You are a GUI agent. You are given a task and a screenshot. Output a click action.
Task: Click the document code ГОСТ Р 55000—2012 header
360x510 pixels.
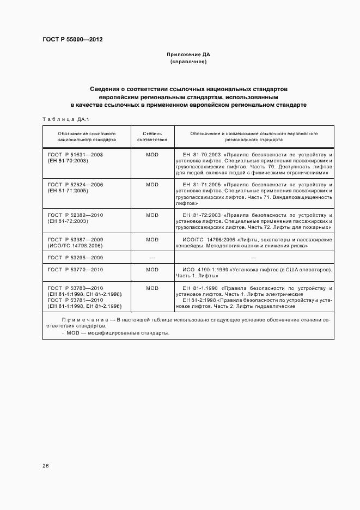click(72, 40)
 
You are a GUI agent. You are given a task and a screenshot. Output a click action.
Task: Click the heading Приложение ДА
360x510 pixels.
click(188, 55)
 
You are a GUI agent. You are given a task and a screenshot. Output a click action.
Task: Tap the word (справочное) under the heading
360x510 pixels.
click(188, 62)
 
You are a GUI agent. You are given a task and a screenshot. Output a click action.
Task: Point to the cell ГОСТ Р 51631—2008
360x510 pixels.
click(75, 155)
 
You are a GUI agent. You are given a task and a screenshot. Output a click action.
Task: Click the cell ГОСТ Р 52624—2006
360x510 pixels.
click(75, 185)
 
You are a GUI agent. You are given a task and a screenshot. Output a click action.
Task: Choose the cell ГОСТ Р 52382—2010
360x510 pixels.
click(75, 215)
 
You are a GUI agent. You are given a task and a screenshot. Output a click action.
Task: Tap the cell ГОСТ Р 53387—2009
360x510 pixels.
click(75, 239)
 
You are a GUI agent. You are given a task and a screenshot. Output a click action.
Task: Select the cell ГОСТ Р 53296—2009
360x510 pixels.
click(75, 257)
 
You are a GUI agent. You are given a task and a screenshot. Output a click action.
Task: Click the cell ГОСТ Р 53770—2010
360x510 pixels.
click(75, 270)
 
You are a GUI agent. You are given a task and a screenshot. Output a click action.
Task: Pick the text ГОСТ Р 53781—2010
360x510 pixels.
click(75, 300)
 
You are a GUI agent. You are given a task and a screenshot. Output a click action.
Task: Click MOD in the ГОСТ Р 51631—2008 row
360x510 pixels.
click(152, 155)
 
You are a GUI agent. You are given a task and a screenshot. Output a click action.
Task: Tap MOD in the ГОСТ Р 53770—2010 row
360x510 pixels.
click(152, 270)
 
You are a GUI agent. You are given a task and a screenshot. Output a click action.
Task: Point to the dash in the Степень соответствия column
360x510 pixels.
click(152, 257)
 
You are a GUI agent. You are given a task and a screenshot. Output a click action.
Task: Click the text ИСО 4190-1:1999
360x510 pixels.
click(205, 270)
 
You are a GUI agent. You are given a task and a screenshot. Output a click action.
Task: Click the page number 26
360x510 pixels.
click(46, 465)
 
